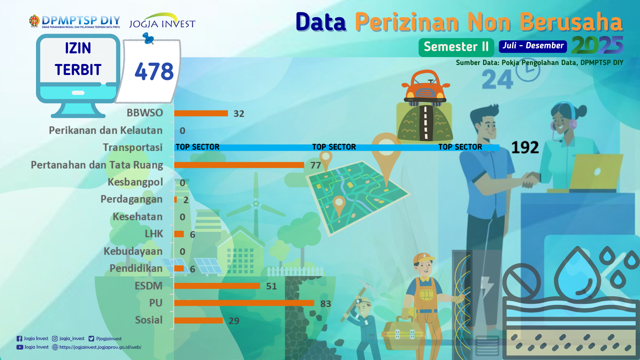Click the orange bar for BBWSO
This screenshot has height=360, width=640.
point(201,113)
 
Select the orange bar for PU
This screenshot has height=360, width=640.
point(244,303)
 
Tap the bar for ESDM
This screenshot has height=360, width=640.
point(217,286)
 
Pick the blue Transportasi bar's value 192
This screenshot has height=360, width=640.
point(525,147)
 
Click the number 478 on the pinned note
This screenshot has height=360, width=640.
point(154,71)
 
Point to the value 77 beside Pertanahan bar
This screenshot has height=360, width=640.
point(316,165)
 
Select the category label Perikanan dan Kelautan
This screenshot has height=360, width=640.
point(106,130)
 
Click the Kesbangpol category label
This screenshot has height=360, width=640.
point(135,182)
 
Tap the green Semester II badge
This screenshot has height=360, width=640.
point(456,47)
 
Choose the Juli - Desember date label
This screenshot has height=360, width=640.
point(533,46)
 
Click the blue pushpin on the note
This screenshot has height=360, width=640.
point(148,38)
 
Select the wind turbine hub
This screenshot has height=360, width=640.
point(256,203)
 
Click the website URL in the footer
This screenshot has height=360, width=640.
point(100,347)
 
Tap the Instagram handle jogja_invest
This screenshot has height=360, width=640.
point(72,339)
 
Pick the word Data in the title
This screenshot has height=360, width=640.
point(321,22)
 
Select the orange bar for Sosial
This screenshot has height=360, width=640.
point(199,320)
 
